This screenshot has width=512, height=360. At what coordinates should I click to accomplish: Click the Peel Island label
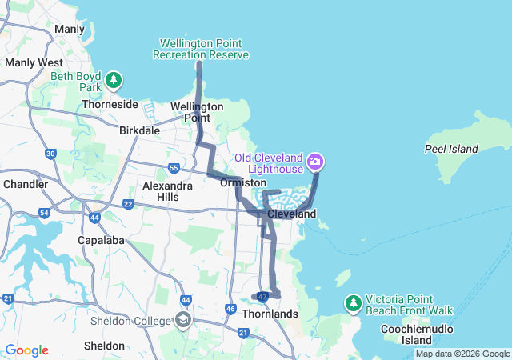click(451, 149)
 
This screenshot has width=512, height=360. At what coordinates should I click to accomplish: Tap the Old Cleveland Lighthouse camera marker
click(315, 162)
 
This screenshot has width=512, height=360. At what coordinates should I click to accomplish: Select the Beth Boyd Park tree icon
click(115, 80)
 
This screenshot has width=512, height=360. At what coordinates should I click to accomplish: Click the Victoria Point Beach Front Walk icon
click(353, 303)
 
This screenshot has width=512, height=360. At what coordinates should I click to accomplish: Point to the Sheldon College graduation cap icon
click(183, 321)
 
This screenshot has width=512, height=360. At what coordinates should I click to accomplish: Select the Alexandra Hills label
click(167, 191)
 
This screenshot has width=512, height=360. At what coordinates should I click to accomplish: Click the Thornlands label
click(270, 314)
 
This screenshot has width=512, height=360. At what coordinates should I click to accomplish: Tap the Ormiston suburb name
click(237, 182)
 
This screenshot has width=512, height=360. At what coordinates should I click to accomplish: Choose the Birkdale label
click(139, 130)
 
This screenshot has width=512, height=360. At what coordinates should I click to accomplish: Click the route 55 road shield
click(174, 167)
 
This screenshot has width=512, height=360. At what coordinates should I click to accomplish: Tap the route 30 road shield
click(51, 153)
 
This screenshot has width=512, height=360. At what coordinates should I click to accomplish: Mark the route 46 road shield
click(230, 309)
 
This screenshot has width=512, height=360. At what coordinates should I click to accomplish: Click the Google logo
click(26, 350)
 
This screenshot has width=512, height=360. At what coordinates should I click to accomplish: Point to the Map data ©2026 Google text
click(462, 354)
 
